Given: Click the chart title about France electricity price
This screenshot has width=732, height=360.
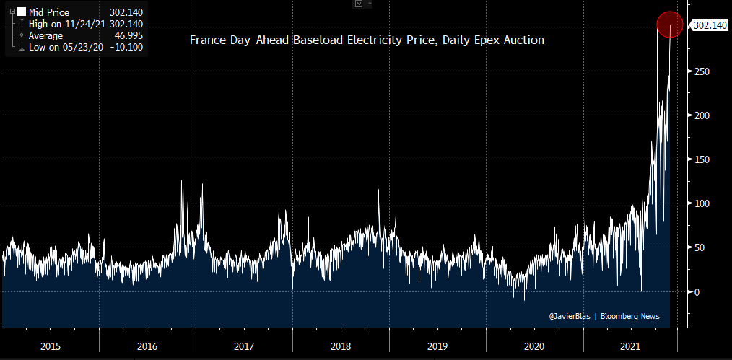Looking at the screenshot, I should point(367,40).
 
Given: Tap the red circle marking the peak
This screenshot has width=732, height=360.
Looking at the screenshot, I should point(670,25).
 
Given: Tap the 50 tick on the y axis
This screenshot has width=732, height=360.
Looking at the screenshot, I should point(697,247).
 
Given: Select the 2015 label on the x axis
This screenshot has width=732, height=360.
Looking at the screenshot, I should point(50,346).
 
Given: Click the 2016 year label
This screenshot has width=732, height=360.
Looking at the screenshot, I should point(147,346).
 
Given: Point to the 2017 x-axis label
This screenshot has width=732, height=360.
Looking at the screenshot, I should point(243,346).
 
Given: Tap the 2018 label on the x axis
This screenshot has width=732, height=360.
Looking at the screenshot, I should point(340,346).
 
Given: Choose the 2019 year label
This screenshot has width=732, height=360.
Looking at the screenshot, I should point(437,346).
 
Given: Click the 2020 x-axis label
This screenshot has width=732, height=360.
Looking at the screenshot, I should point(533,346).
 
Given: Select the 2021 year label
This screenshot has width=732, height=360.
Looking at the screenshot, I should point(630,346).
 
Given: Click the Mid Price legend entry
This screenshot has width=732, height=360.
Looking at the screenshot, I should point(48,12).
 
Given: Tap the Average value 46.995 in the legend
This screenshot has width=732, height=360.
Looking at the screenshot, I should point(129,35).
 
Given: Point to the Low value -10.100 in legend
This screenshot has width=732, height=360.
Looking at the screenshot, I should point(127,47).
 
